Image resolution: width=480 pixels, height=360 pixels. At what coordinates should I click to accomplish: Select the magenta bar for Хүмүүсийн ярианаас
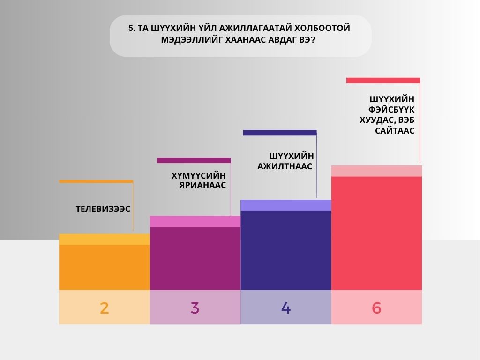click(x=195, y=258)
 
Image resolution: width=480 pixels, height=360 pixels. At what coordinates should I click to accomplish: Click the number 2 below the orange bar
click(x=104, y=308)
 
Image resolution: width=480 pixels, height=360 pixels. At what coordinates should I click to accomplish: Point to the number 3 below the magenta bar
click(x=195, y=308)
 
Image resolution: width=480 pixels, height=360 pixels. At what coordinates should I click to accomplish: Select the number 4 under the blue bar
click(x=286, y=308)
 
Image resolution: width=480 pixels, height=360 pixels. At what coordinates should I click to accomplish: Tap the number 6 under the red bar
click(x=376, y=308)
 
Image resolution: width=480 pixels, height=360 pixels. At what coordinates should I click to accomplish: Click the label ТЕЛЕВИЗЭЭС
click(x=103, y=209)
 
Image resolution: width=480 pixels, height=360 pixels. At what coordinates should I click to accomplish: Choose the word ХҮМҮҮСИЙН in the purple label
click(x=199, y=176)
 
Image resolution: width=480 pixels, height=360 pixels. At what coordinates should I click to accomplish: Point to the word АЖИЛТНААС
click(x=285, y=166)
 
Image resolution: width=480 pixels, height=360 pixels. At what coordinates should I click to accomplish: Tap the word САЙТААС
click(x=395, y=131)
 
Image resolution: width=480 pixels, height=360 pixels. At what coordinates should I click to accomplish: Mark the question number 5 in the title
click(x=131, y=28)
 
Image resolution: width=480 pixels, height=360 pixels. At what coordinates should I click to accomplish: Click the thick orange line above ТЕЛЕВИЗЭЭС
click(x=96, y=181)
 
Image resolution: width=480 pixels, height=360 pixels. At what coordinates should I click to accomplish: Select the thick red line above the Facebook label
click(x=383, y=81)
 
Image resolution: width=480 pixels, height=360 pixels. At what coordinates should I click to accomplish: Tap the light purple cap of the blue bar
click(x=286, y=205)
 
